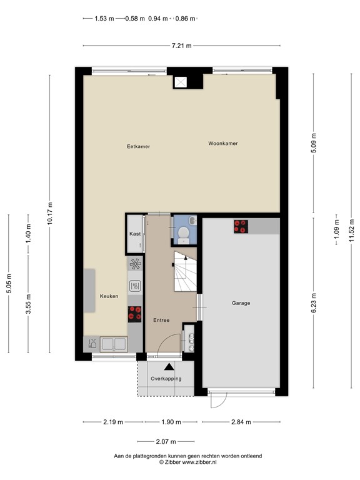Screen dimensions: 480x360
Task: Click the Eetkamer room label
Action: [x=138, y=147]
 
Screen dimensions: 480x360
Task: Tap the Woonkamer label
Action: [x=223, y=143]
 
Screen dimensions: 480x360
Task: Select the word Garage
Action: [x=241, y=303]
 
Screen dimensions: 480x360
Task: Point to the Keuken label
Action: [x=109, y=296]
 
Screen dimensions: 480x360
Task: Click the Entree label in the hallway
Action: [x=161, y=320]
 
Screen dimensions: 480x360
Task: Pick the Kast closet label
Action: [x=135, y=234]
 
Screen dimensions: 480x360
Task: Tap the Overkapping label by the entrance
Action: [x=166, y=379]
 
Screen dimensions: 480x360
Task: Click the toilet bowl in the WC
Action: [x=184, y=233]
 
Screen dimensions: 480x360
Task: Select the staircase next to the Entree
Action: [x=185, y=274]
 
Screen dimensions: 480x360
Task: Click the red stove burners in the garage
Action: [x=241, y=226]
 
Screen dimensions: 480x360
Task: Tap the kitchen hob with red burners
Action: [x=134, y=312]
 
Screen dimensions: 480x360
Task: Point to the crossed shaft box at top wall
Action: [x=182, y=81]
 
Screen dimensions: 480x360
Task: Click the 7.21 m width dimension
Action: [x=181, y=46]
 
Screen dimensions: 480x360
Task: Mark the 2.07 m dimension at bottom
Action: [x=166, y=441]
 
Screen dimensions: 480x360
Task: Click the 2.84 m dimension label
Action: [x=239, y=422]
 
